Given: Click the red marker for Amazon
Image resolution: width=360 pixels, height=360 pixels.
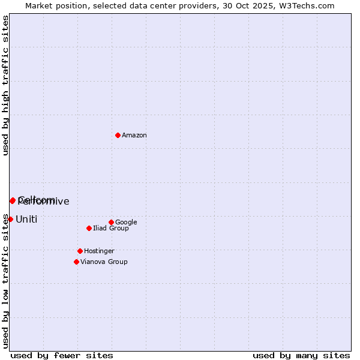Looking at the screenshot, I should tap(118, 135).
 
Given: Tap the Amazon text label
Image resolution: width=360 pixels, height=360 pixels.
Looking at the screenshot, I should tap(134, 136).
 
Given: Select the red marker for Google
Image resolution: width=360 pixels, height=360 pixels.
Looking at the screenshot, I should tap(111, 222).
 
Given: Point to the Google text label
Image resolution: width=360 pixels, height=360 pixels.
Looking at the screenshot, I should tap(126, 223).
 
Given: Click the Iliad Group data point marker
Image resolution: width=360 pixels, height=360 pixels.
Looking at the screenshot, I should tap(89, 228).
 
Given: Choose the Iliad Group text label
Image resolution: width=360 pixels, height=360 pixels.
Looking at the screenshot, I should tap(111, 229).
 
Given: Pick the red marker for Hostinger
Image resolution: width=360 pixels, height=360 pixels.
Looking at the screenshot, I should tap(80, 251).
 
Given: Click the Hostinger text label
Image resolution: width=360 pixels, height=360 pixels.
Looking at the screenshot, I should tap(99, 251).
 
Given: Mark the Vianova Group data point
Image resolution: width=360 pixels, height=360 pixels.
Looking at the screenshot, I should tap(76, 262).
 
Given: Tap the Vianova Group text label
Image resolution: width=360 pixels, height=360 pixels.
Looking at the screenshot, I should tap(104, 262).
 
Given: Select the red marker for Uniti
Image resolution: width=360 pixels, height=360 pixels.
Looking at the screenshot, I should tap(10, 219).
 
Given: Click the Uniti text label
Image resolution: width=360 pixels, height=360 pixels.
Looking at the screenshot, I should tap(26, 220).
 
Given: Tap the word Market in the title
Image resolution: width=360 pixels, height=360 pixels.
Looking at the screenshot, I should tap(39, 6).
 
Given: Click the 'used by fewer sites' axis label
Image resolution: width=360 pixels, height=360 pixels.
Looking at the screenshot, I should tap(62, 355).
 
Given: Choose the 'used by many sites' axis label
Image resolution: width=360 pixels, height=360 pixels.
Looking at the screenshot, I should tap(301, 355).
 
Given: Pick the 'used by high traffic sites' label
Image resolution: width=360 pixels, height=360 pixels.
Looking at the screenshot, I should tap(6, 85).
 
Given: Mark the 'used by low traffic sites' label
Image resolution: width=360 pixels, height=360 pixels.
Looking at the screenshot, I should tap(6, 281).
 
